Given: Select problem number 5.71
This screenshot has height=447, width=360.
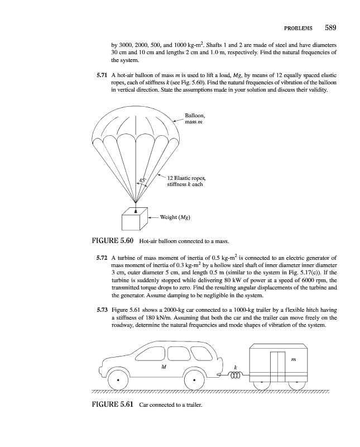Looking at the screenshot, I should click(x=101, y=75).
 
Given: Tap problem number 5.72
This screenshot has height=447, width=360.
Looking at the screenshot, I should click(x=101, y=258).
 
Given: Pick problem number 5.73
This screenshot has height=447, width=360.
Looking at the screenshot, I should click(x=101, y=308).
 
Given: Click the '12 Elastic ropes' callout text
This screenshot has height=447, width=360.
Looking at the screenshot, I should click(x=190, y=178).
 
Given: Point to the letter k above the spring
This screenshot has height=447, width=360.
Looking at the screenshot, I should click(x=235, y=367).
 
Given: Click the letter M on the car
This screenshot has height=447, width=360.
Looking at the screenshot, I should click(x=163, y=367).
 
